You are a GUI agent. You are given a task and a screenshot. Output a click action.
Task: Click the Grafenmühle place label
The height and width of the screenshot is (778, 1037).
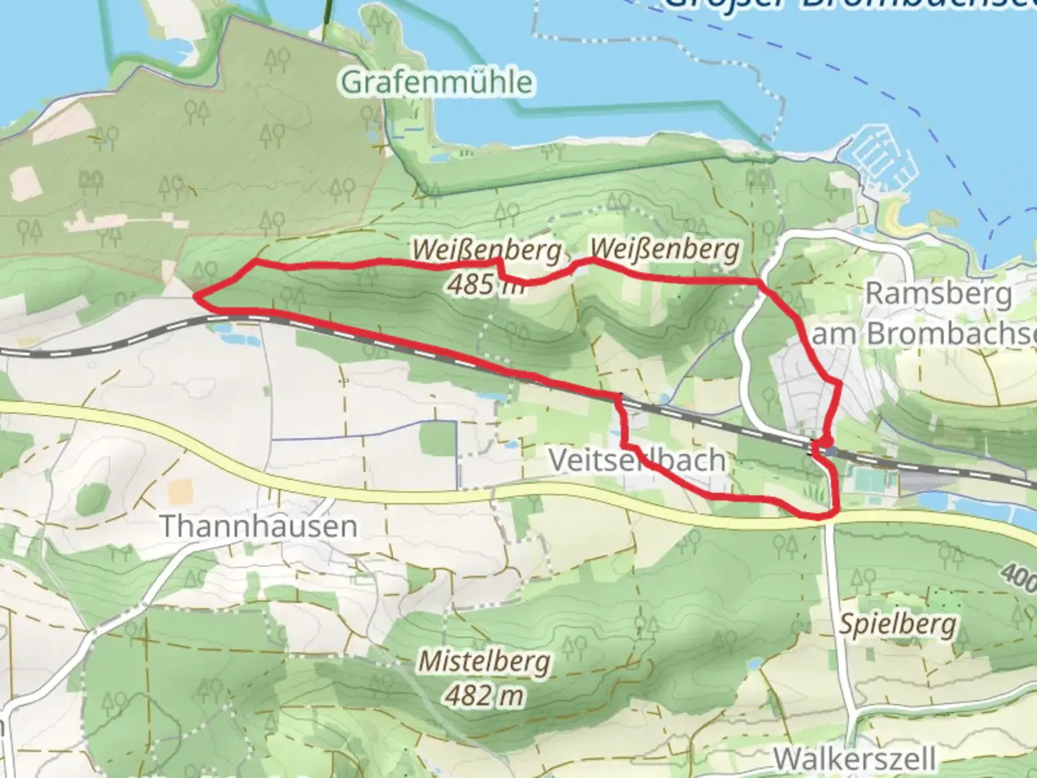point(436,82)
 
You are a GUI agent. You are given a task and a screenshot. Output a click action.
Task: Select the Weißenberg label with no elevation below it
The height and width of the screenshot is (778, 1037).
point(665,249)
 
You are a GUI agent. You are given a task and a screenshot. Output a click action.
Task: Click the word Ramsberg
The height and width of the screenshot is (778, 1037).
point(938,294)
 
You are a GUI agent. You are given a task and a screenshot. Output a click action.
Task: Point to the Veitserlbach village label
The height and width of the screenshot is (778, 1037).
point(637,460)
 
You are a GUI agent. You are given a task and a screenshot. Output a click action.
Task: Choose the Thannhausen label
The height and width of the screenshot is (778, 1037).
point(258,526)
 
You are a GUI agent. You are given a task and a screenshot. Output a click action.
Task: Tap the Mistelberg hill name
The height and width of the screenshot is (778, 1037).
point(485,661)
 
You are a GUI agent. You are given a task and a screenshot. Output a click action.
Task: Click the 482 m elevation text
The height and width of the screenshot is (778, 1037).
point(484,696)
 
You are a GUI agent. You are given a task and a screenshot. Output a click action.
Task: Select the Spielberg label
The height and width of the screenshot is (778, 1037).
point(897,624)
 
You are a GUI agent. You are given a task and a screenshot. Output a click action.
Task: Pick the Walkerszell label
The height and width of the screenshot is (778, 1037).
point(855,759)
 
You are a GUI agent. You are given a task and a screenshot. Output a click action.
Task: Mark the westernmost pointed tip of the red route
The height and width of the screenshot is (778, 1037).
point(195,295)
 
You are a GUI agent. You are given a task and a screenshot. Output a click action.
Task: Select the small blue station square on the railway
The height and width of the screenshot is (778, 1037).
point(832,452)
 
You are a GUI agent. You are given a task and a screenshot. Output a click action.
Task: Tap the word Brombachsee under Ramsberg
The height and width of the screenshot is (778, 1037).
point(951,334)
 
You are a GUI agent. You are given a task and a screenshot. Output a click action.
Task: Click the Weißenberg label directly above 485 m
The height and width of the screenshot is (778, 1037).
point(486,251)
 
